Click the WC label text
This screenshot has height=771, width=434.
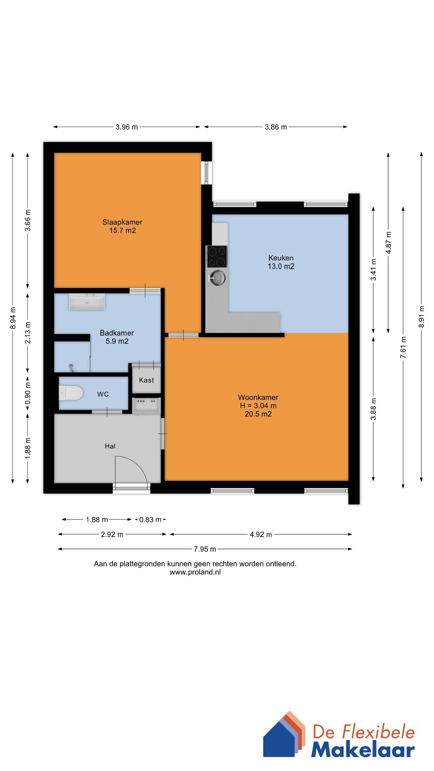pyautogui.click(x=103, y=394)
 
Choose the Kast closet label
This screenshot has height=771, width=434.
pyautogui.click(x=146, y=380)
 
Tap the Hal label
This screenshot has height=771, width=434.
pyautogui.click(x=110, y=446)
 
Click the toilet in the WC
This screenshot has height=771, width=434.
pyautogui.click(x=71, y=393)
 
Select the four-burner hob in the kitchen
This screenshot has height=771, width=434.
pyautogui.click(x=217, y=257)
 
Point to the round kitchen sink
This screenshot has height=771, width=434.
pyautogui.click(x=217, y=278)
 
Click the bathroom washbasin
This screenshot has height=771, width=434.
pyautogui.click(x=87, y=302)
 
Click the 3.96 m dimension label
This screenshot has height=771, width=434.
pyautogui.click(x=127, y=127)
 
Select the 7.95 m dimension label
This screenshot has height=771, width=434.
pyautogui.click(x=205, y=549)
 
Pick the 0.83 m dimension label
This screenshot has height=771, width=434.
pyautogui.click(x=150, y=520)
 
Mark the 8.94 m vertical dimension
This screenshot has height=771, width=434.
pyautogui.click(x=13, y=318)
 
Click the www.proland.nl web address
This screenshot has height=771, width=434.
pyautogui.click(x=195, y=572)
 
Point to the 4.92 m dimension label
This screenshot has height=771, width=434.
pyautogui.click(x=261, y=534)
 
